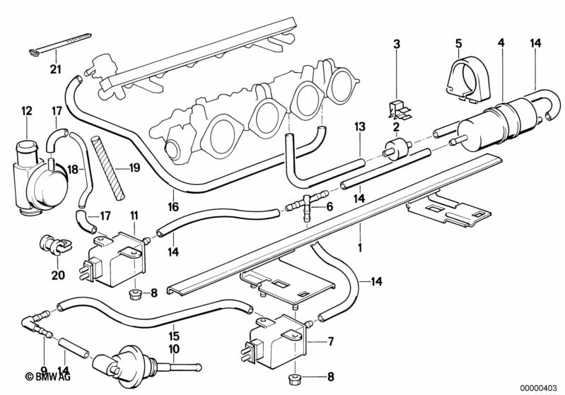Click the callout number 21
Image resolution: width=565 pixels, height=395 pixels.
56,69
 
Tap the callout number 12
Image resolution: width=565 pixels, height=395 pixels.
27,110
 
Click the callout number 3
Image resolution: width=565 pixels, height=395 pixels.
396,44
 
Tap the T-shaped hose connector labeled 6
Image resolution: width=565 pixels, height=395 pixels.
307,206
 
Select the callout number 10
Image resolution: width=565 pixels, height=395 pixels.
174,348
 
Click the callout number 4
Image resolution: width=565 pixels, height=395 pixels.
501,44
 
